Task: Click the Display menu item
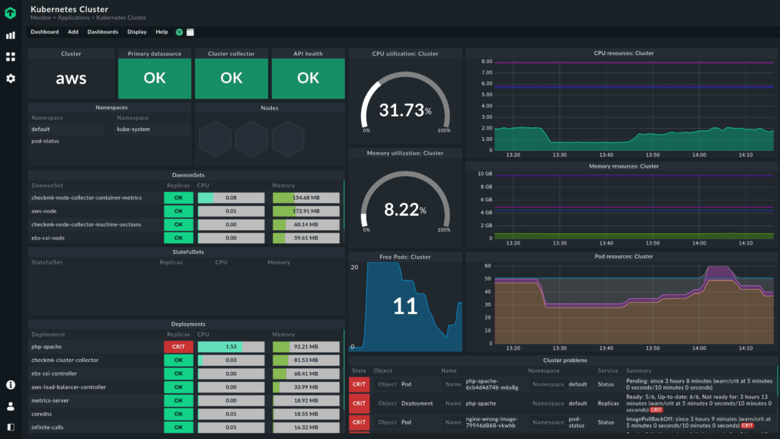pyautogui.click(x=137, y=32)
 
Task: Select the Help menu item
pyautogui.click(x=161, y=32)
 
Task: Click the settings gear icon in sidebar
pyautogui.click(x=11, y=79)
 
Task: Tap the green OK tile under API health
pyautogui.click(x=308, y=79)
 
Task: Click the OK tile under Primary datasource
pyautogui.click(x=155, y=79)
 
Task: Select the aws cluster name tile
pyautogui.click(x=72, y=79)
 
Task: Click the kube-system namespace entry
pyautogui.click(x=133, y=130)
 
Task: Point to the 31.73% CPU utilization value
pyautogui.click(x=404, y=111)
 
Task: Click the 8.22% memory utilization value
pyautogui.click(x=404, y=210)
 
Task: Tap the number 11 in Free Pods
pyautogui.click(x=404, y=306)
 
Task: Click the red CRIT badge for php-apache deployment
pyautogui.click(x=178, y=347)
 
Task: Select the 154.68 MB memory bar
pyautogui.click(x=305, y=198)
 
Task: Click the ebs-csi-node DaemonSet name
pyautogui.click(x=49, y=238)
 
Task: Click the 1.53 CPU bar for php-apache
pyautogui.click(x=231, y=347)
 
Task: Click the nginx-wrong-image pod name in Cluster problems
pyautogui.click(x=491, y=421)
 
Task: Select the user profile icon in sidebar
pyautogui.click(x=11, y=406)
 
